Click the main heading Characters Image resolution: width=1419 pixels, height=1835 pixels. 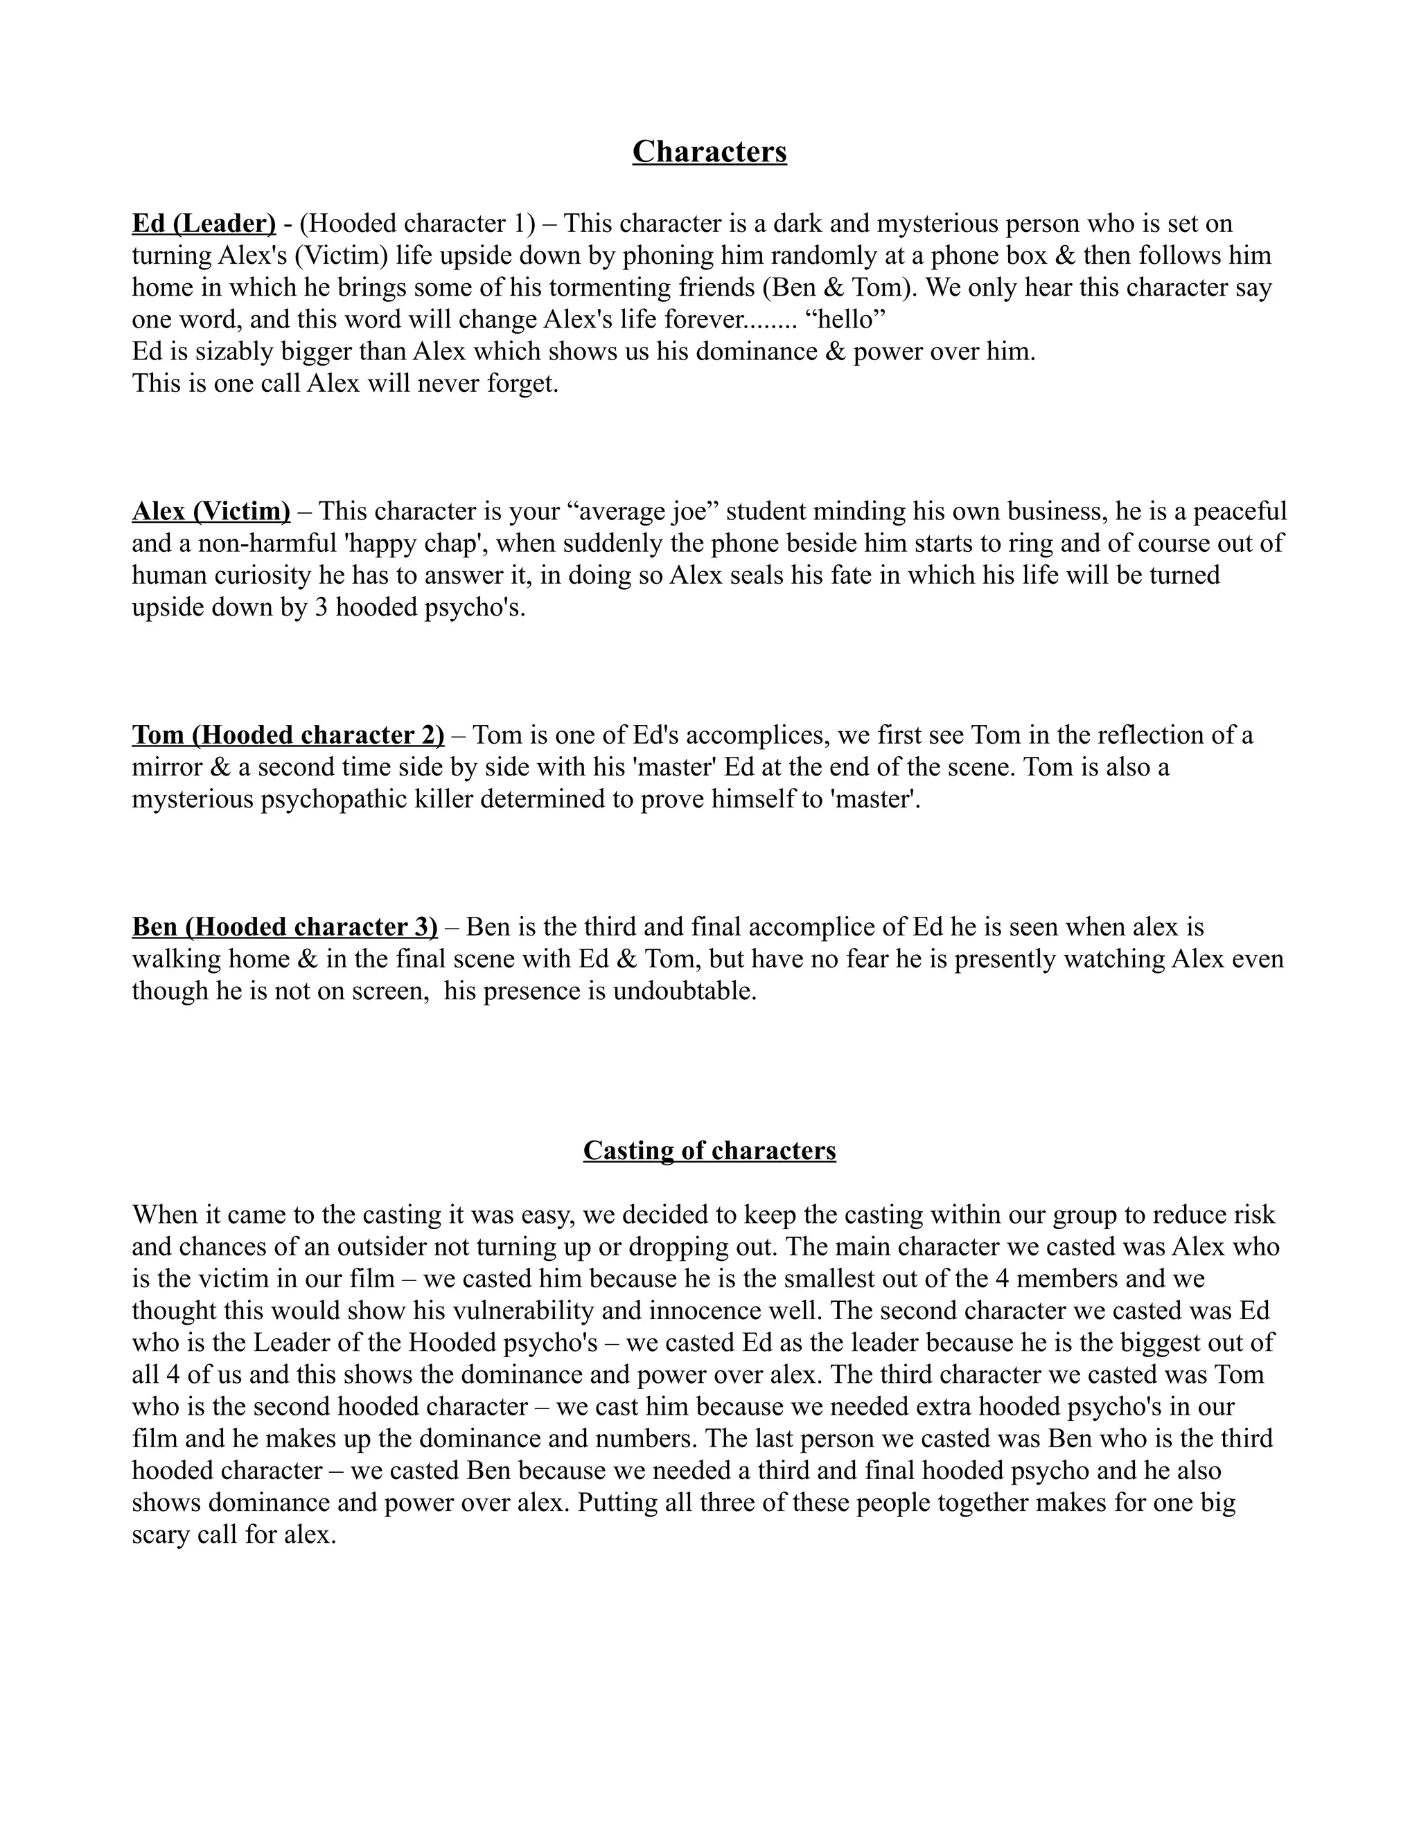[x=709, y=152]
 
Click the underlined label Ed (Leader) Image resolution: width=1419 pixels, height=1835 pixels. [x=204, y=224]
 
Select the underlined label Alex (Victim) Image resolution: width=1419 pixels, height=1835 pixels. [x=211, y=511]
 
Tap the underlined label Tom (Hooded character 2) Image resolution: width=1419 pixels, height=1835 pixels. [x=288, y=735]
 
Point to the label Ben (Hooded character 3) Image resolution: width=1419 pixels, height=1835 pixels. [x=284, y=927]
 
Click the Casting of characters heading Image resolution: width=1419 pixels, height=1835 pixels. [x=709, y=1150]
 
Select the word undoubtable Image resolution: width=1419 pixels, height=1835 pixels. [x=685, y=991]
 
